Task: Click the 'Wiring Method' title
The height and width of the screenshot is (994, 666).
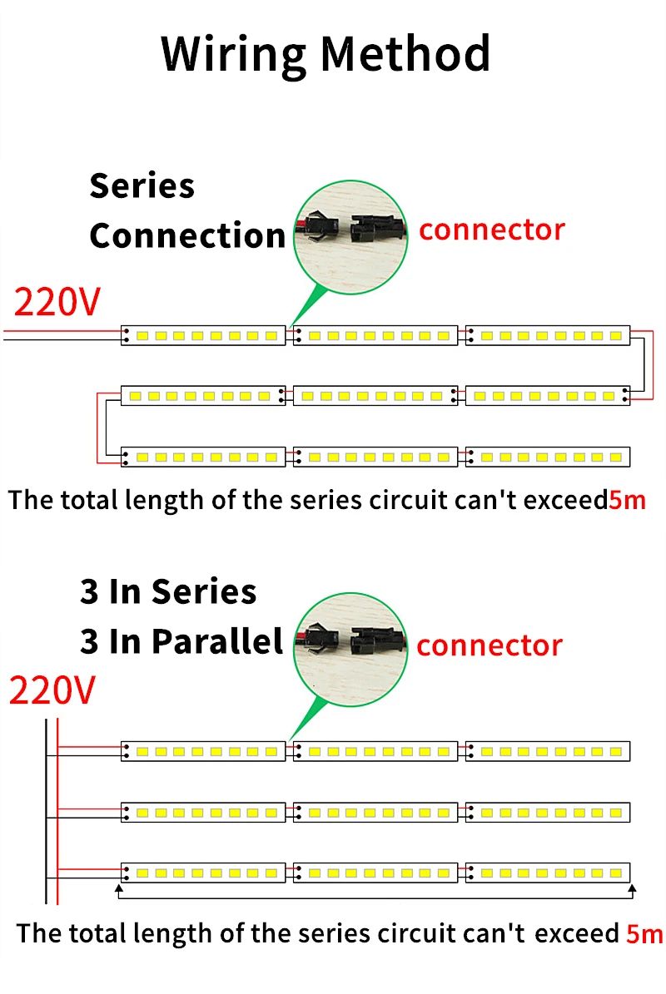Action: tap(326, 54)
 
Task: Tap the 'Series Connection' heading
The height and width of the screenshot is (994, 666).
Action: tap(186, 210)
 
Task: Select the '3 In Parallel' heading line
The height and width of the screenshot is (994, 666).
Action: tap(181, 641)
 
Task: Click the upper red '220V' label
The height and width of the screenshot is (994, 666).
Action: tap(57, 303)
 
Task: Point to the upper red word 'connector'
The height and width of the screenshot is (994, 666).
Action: tap(491, 230)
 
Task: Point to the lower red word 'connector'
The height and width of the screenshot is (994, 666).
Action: tap(490, 645)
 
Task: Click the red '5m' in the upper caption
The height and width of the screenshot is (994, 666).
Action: tap(627, 501)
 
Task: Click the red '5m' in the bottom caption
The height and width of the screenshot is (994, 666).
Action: tap(644, 933)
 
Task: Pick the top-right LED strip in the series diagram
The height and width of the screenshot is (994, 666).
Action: tap(547, 336)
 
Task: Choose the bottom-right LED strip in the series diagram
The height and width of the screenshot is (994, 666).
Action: tap(547, 457)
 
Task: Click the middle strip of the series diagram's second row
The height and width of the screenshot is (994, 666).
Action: tap(375, 396)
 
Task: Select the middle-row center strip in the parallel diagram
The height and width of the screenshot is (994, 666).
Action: tap(375, 812)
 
